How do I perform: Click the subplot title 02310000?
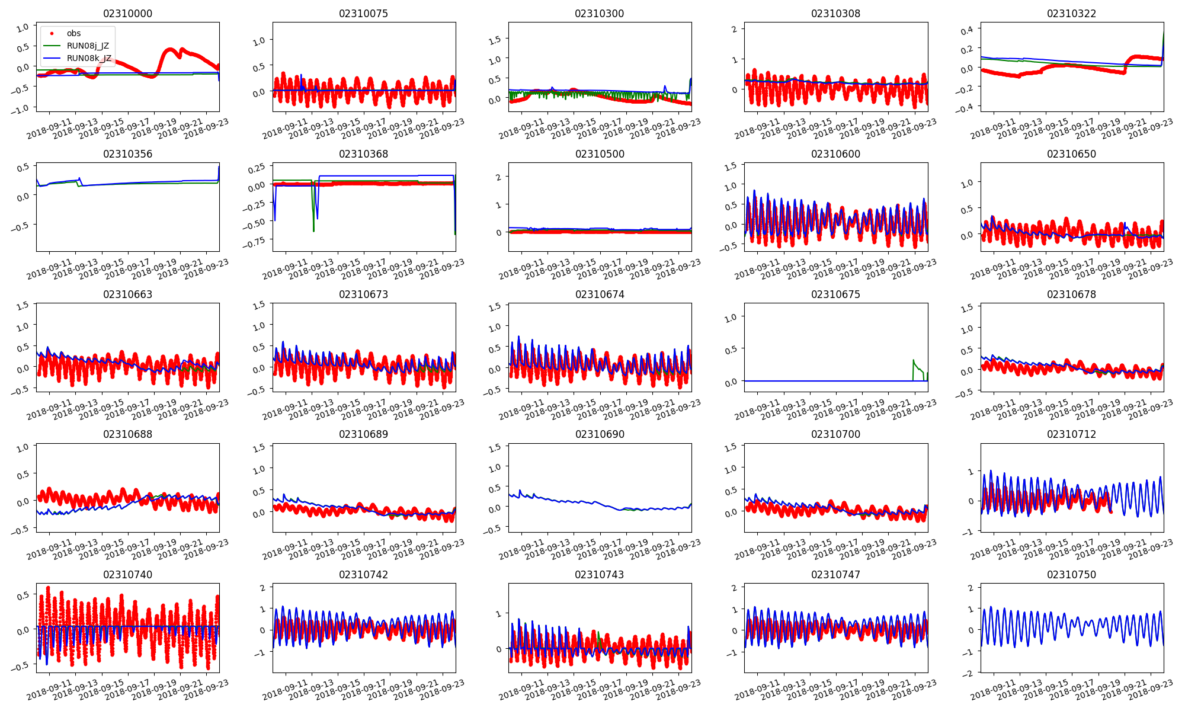127,14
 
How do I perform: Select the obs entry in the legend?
73,33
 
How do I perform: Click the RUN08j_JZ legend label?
88,46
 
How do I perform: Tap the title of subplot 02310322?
1071,14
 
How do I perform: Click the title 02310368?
363,154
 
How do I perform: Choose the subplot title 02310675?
835,294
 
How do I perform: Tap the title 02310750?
1071,575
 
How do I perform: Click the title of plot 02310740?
127,575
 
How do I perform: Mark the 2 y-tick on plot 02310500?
499,177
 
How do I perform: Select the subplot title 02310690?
600,434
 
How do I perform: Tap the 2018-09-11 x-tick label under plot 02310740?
50,691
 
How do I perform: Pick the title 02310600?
835,154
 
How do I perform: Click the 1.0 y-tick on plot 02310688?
23,449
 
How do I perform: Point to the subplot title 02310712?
1071,434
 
